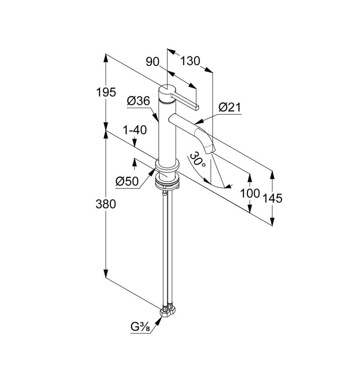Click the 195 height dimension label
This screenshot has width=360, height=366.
tap(106, 92)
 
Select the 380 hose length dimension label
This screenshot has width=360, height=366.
tap(106, 204)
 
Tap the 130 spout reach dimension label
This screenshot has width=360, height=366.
tap(190, 61)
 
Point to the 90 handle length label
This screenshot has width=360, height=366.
tap(152, 62)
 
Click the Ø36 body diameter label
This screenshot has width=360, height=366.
tap(139, 101)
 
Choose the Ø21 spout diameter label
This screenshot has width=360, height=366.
tap(229, 107)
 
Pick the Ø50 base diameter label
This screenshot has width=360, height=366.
tap(127, 181)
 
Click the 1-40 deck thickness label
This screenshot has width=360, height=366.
tap(135, 130)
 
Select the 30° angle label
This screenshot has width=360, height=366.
tap(197, 159)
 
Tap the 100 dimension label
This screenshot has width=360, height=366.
tap(250, 193)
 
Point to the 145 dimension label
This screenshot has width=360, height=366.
tap(272, 198)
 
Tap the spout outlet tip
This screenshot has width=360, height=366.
tap(209, 149)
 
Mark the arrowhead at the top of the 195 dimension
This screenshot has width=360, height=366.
tap(106, 58)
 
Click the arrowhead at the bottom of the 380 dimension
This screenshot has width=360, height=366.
tap(106, 274)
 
